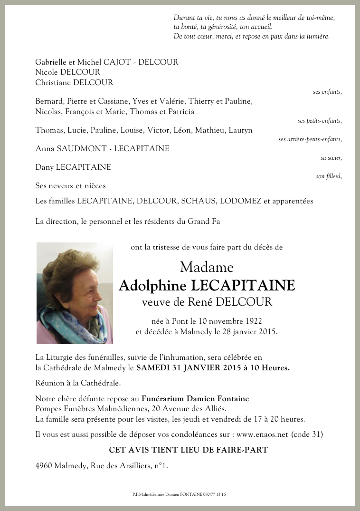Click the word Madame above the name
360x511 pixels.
(207, 267)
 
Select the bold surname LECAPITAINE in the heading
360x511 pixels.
(243, 286)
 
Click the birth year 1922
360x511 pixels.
(252, 321)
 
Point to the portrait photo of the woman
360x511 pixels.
(75, 293)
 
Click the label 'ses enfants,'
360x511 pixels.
(327, 92)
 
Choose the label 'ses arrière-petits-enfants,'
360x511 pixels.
(310, 139)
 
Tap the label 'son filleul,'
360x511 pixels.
(329, 176)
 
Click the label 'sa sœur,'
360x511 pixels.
(331, 158)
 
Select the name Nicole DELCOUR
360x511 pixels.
(68, 72)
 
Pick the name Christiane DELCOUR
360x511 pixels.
(74, 83)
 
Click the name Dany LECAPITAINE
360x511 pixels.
(73, 167)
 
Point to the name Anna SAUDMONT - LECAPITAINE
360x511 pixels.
(102, 149)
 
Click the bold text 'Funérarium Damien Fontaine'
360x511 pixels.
(195, 399)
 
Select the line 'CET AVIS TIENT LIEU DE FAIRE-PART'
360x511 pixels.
(188, 450)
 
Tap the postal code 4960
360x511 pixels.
(44, 466)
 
